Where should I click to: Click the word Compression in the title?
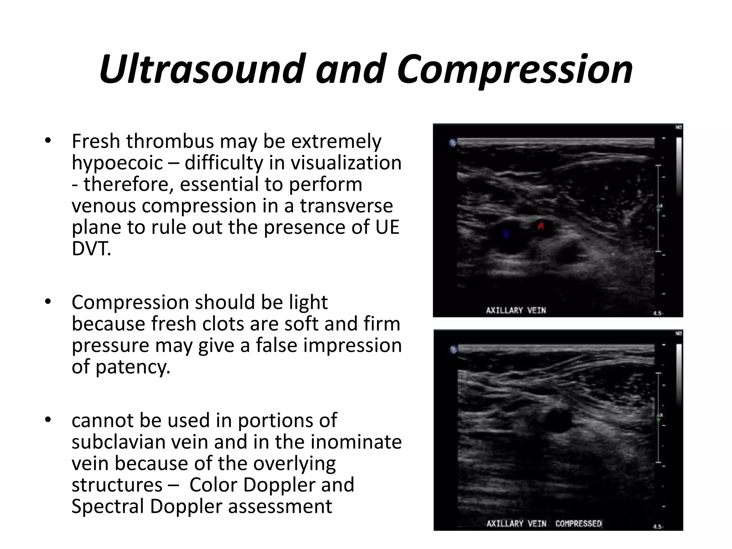(x=515, y=69)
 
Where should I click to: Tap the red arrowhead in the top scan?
(x=541, y=226)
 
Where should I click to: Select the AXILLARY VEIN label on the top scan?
(x=516, y=310)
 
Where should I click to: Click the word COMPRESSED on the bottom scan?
(x=578, y=524)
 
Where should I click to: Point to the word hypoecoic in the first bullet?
(x=117, y=163)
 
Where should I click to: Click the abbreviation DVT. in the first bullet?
(x=91, y=249)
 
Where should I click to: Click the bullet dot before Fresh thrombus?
(x=48, y=141)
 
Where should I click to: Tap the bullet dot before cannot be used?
(x=48, y=420)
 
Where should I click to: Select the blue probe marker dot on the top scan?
(x=453, y=143)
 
